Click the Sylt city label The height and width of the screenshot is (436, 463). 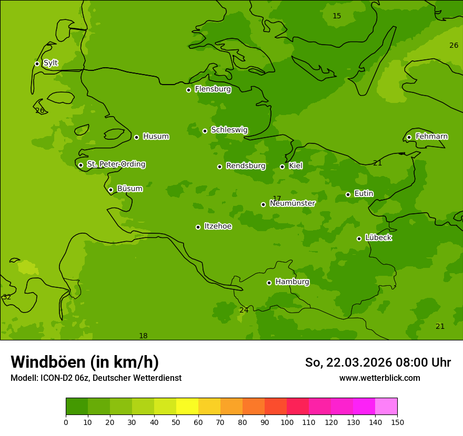tap(51, 63)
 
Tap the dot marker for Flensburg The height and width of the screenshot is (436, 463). tap(188, 90)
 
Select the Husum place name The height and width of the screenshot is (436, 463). tap(156, 137)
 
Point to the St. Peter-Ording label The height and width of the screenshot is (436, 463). tap(116, 164)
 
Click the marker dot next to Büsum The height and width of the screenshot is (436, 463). tap(110, 190)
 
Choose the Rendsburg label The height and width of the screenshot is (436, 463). tap(246, 166)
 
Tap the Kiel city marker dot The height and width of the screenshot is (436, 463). tap(282, 167)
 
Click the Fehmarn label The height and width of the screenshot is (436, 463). tap(431, 137)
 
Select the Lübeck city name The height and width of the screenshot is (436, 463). tap(378, 238)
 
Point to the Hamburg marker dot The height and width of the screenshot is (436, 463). tap(269, 283)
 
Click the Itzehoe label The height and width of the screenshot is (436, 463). tap(218, 226)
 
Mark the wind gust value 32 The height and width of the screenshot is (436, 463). tap(7, 297)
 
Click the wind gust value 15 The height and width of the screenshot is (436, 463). tap(337, 16)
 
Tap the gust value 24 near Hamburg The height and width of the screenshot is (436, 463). tap(244, 310)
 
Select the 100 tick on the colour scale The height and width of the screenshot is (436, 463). tap(287, 422)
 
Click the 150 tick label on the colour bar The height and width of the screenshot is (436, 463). tap(397, 422)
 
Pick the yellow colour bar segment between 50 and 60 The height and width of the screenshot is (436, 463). tap(187, 407)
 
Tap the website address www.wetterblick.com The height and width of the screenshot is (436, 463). tap(379, 378)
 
